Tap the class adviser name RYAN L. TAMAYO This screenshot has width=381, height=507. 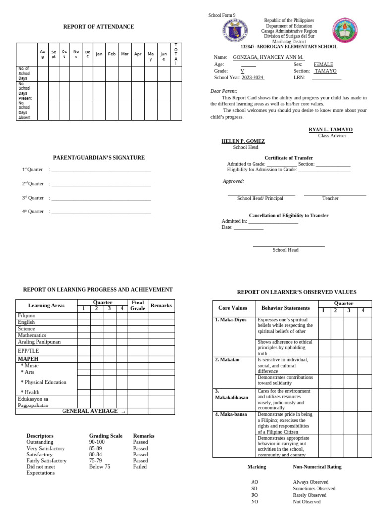330,129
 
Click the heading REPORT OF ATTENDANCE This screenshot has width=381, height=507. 98,27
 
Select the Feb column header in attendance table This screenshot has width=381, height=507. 112,54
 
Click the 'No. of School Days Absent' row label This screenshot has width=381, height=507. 24,111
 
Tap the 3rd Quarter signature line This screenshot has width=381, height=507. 101,198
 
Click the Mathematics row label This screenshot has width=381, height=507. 32,335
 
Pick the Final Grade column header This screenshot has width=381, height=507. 138,305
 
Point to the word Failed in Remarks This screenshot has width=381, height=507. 140,466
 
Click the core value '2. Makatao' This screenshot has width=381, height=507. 227,360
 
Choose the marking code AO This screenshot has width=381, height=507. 254,482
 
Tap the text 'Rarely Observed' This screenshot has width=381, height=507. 310,495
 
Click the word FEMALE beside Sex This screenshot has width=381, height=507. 323,64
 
